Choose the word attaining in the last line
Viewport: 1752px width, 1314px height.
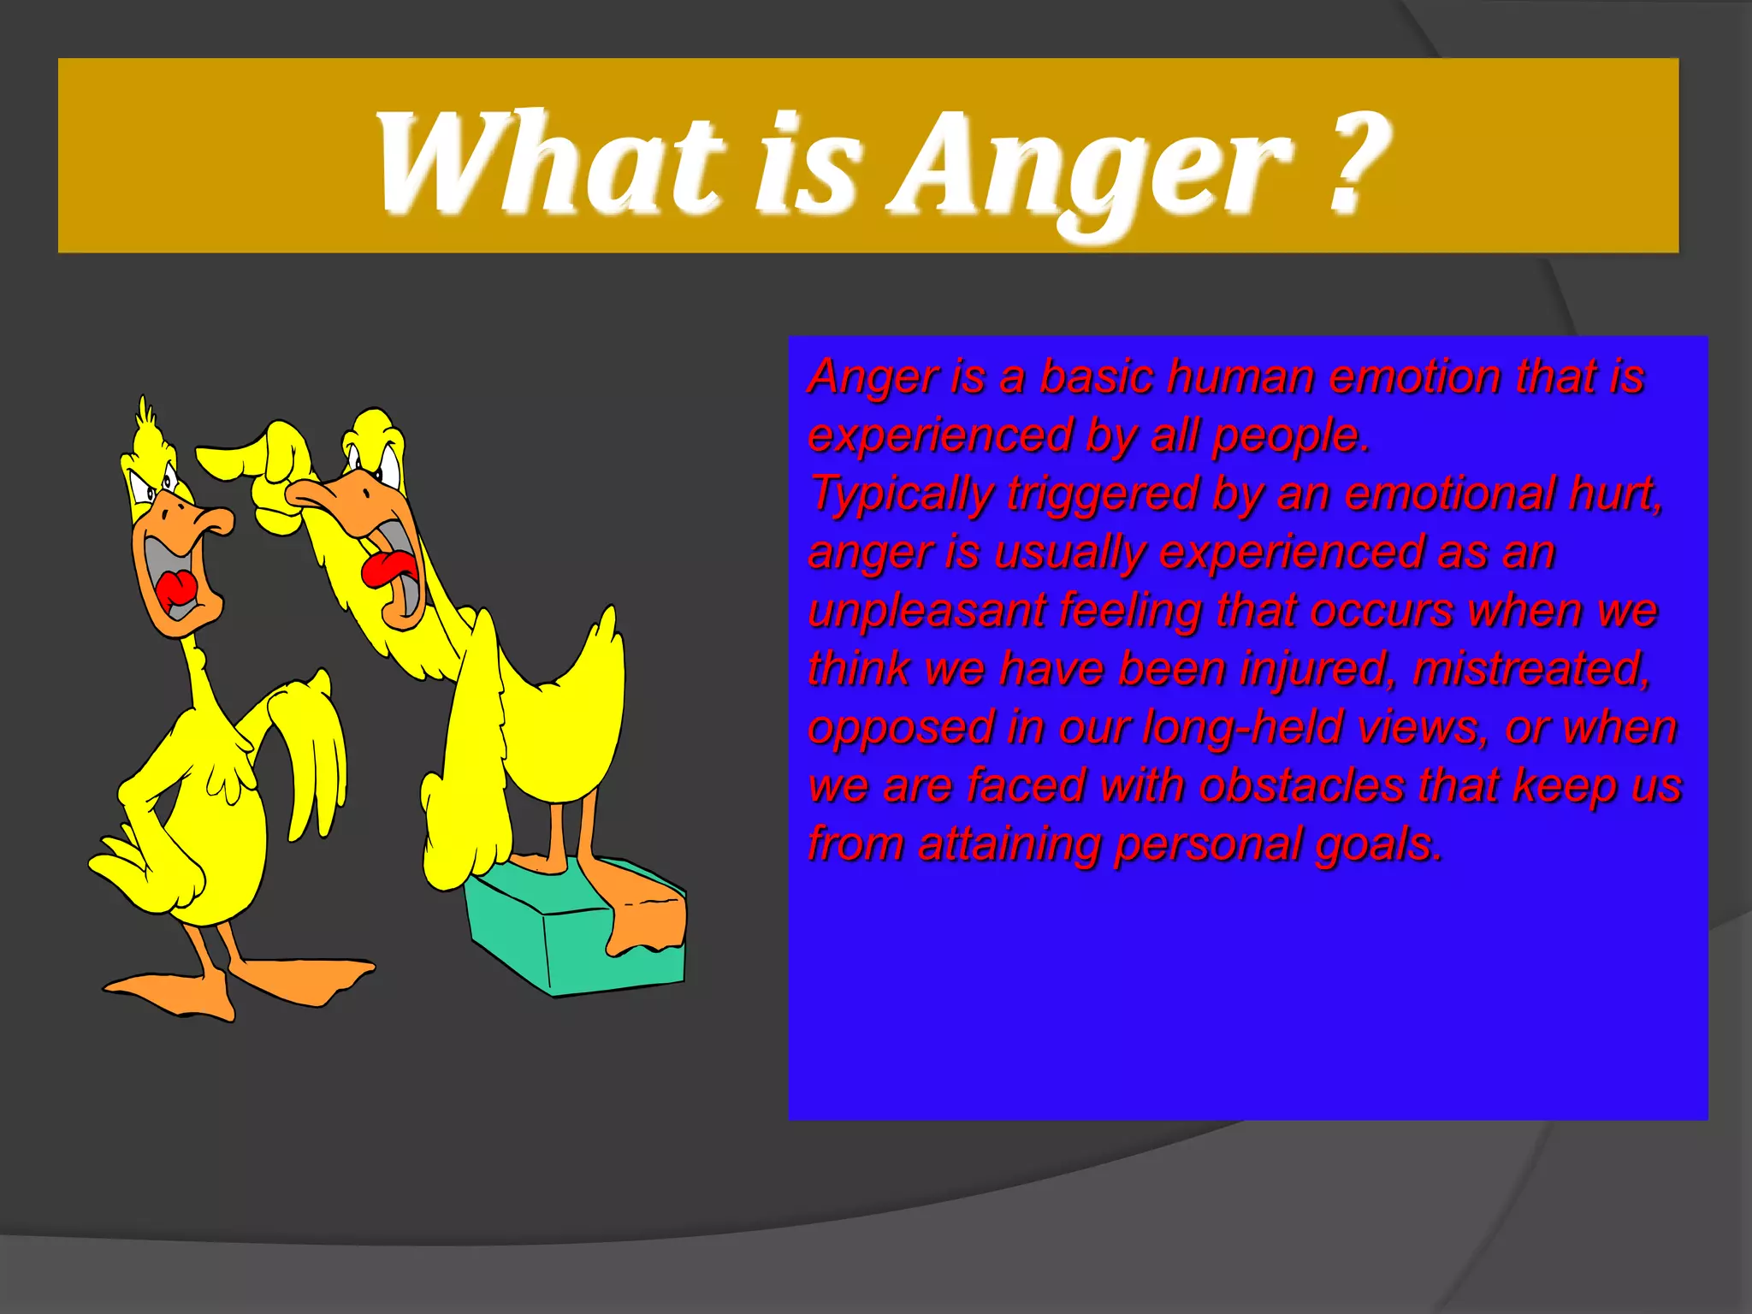click(1009, 844)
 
